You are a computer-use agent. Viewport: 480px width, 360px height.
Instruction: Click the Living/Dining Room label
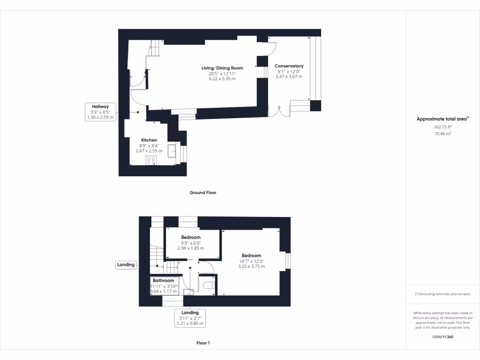(x=222, y=68)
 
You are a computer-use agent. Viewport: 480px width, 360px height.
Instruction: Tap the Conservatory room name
(x=289, y=66)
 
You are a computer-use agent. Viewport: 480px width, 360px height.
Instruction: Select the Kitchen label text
(x=149, y=140)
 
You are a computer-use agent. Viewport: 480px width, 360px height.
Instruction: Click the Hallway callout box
(x=100, y=112)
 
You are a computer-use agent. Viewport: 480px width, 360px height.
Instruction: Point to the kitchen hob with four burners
(x=151, y=160)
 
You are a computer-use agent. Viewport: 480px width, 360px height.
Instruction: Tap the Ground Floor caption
(x=202, y=193)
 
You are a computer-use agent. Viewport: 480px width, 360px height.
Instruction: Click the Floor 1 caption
(x=203, y=343)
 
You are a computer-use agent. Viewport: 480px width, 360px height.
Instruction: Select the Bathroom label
(x=163, y=281)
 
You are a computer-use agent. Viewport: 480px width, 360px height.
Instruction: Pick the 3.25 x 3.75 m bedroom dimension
(x=251, y=266)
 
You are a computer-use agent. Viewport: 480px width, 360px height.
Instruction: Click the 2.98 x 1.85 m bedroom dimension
(x=191, y=248)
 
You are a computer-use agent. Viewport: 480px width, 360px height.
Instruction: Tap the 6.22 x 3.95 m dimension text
(x=222, y=79)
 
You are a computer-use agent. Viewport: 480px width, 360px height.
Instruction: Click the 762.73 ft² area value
(x=442, y=127)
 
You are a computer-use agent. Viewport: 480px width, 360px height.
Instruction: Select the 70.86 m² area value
(x=442, y=134)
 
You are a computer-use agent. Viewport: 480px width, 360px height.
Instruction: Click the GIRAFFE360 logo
(x=442, y=337)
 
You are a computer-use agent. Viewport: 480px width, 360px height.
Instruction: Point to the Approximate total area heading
(x=442, y=119)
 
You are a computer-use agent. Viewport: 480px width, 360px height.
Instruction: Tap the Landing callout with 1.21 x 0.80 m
(x=190, y=318)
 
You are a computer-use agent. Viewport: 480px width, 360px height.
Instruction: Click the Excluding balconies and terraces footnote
(x=442, y=294)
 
